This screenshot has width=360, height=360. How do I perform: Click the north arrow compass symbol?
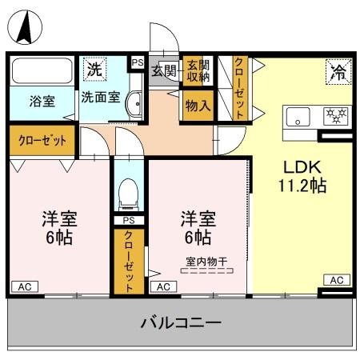pyautogui.click(x=24, y=30)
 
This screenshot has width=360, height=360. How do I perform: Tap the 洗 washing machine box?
pyautogui.click(x=94, y=68)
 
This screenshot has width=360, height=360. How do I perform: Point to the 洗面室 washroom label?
pyautogui.click(x=100, y=98)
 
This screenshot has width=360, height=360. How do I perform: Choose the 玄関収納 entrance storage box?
pyautogui.click(x=197, y=70)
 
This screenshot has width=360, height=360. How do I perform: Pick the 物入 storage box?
pyautogui.click(x=197, y=104)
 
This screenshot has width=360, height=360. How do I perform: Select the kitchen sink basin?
pyautogui.click(x=298, y=118)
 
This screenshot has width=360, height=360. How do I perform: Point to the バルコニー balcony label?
pyautogui.click(x=181, y=323)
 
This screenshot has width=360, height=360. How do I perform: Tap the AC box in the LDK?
pyautogui.click(x=336, y=280)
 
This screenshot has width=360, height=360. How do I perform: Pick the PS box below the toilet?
pyautogui.click(x=127, y=221)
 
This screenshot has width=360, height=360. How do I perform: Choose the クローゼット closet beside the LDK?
pyautogui.click(x=239, y=88)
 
